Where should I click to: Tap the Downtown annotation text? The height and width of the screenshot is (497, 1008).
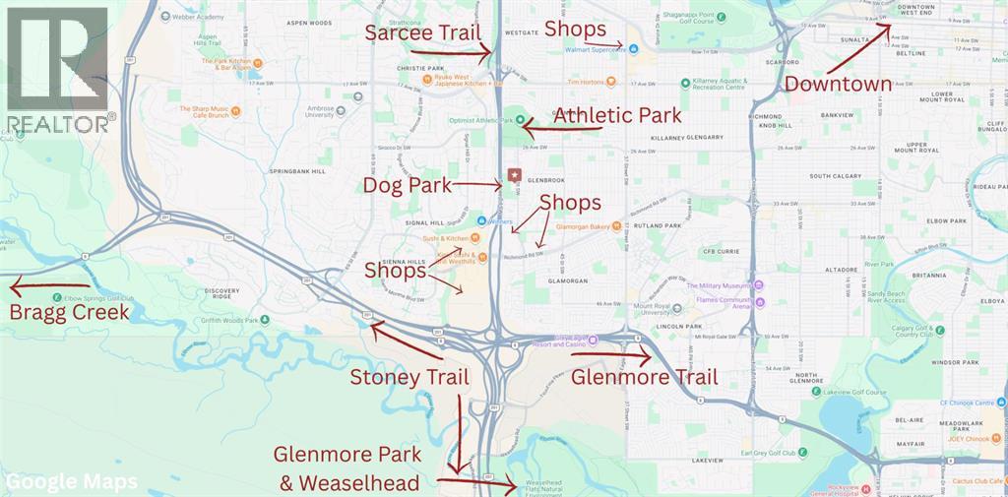tap(838, 84)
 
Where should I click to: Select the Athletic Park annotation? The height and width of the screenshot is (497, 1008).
tap(616, 115)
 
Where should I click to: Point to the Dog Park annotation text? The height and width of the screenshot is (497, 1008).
tap(408, 185)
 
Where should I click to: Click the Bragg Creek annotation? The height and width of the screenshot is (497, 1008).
tap(68, 313)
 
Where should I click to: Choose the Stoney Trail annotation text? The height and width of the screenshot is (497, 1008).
tap(409, 377)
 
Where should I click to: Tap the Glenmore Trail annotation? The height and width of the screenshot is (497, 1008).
tap(644, 377)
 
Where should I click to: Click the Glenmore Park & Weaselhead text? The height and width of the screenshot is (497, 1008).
tap(347, 468)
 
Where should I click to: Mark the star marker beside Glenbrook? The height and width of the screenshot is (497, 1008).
tap(513, 175)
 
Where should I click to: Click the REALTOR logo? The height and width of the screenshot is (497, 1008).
tap(57, 69)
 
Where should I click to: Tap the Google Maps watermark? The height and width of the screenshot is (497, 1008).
tap(71, 482)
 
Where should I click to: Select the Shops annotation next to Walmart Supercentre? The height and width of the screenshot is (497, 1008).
tap(575, 30)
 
